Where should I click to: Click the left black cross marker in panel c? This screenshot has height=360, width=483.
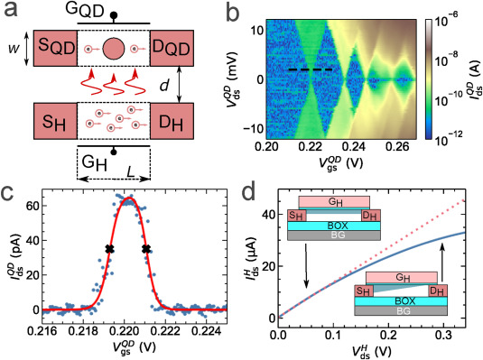point(109,249)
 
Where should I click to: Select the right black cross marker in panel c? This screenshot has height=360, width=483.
point(145,249)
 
